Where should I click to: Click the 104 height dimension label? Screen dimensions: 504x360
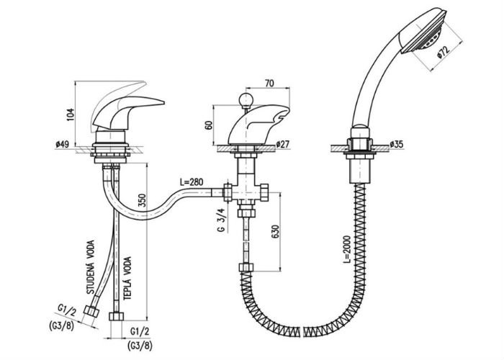point(71,114)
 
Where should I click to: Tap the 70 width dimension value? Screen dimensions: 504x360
point(270,83)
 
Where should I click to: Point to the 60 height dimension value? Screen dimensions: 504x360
point(209,125)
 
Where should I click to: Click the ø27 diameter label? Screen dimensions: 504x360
point(282,144)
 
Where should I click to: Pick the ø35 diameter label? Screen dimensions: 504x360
point(396,144)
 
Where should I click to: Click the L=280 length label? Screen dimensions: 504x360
point(192,182)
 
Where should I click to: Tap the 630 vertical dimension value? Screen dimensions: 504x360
point(276,231)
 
